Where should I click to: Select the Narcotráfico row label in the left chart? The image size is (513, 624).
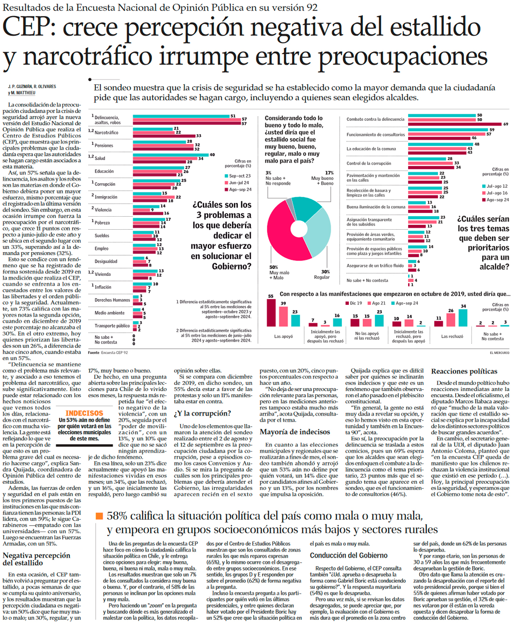click(106, 133)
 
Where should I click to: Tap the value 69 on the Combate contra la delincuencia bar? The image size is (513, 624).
click(506, 124)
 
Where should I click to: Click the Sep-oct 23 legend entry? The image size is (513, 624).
click(239, 176)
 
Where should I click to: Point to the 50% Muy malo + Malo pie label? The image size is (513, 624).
click(279, 273)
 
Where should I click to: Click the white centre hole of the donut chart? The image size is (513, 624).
click(298, 229)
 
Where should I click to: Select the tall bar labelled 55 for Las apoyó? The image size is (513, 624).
click(271, 313)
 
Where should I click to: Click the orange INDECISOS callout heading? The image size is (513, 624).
click(84, 413)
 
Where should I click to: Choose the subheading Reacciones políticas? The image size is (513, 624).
click(464, 371)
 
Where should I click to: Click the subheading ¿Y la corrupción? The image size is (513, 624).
click(202, 413)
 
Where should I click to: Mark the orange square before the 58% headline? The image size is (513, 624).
click(99, 516)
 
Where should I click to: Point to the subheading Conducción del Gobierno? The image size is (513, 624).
click(348, 555)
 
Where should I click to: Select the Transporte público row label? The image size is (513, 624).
click(112, 326)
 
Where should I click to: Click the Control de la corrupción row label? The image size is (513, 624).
click(368, 164)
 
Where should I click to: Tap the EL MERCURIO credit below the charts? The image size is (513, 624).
click(499, 353)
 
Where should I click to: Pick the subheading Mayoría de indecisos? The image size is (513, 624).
click(295, 432)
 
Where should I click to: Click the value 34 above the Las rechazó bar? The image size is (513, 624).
click(463, 307)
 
